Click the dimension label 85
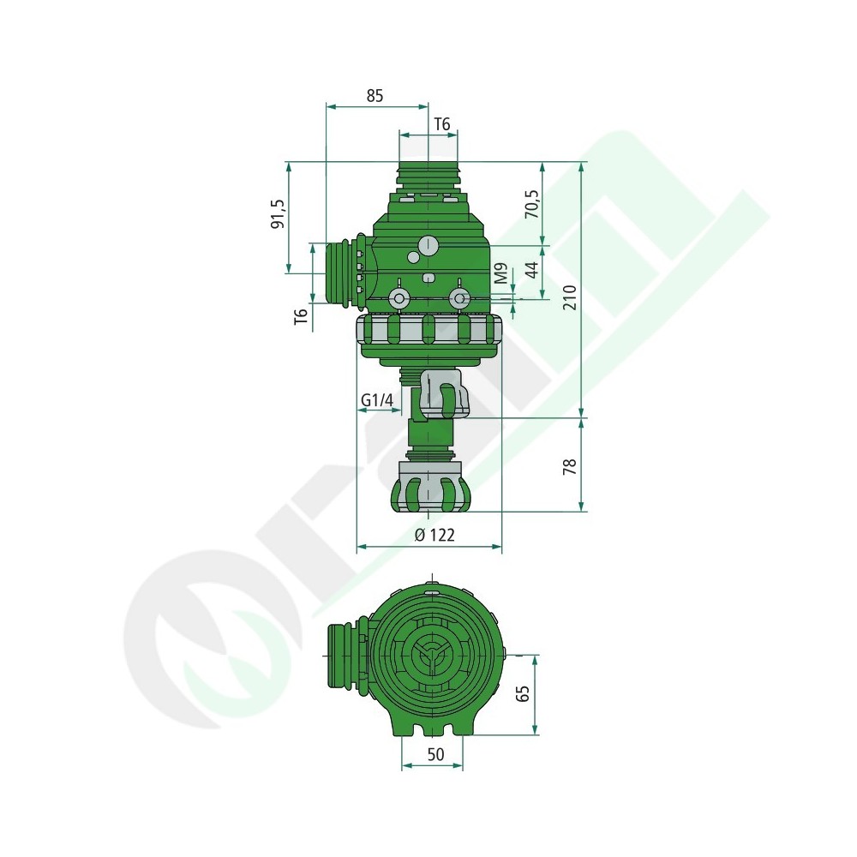(x=375, y=96)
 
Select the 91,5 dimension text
(x=279, y=213)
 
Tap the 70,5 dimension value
(x=532, y=204)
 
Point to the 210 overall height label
(x=570, y=297)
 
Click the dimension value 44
(x=532, y=270)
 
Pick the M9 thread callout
(x=501, y=273)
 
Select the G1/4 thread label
(x=377, y=400)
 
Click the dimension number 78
(x=570, y=466)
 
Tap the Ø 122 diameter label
(x=434, y=535)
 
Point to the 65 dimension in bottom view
(x=523, y=693)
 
